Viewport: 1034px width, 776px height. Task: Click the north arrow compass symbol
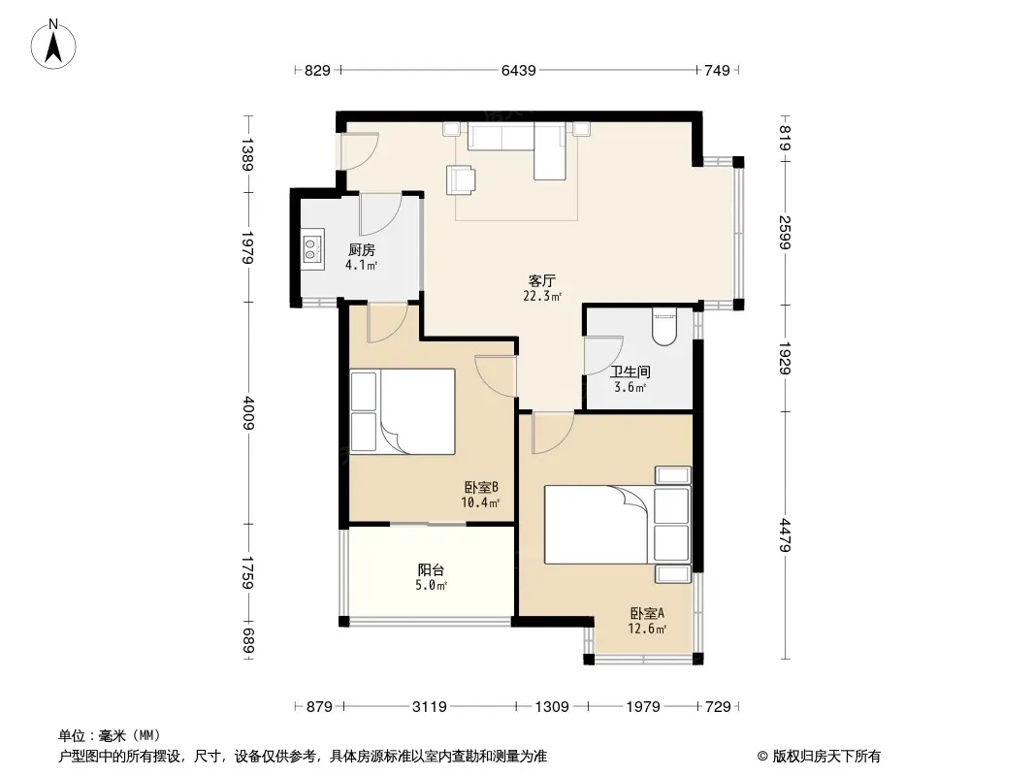coord(53,44)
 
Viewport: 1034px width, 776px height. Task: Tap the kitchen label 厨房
coord(362,250)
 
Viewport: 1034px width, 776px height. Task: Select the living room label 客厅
coord(542,281)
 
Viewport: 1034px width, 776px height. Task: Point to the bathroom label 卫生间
coord(630,372)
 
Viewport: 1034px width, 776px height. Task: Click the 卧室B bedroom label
coord(481,487)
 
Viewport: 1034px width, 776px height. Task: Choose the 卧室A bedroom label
coord(647,613)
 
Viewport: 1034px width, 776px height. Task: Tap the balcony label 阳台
coord(431,569)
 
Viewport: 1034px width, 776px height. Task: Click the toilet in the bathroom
coord(664,326)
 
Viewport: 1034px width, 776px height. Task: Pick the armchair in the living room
coord(461,180)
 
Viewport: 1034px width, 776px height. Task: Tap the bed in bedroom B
coord(403,411)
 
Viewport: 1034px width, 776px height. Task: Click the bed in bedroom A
coord(618,524)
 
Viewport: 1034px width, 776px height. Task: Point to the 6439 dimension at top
coord(518,70)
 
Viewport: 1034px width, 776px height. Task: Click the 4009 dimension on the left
coord(248,412)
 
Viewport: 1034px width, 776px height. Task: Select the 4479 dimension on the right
coord(785,534)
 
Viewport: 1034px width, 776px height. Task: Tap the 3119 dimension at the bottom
coord(430,707)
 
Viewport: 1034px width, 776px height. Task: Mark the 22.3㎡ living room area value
coord(542,297)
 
